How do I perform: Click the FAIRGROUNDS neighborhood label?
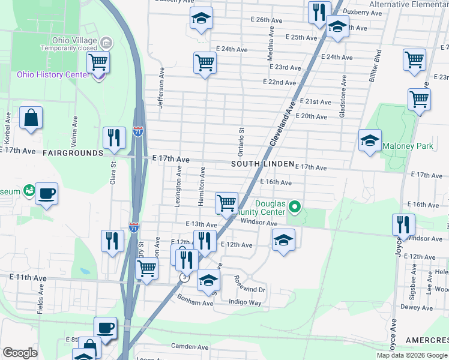pyautogui.click(x=73, y=153)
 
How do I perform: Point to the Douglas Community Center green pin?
pyautogui.click(x=294, y=208)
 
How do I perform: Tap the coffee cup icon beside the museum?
pyautogui.click(x=46, y=194)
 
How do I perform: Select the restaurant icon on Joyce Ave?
pyautogui.click(x=403, y=224)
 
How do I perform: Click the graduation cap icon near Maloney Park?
pyautogui.click(x=370, y=141)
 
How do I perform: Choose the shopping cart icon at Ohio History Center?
pyautogui.click(x=98, y=61)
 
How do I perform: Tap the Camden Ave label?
pyautogui.click(x=190, y=347)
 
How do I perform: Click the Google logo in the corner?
pyautogui.click(x=20, y=353)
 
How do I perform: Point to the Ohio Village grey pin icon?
pyautogui.click(x=107, y=42)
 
